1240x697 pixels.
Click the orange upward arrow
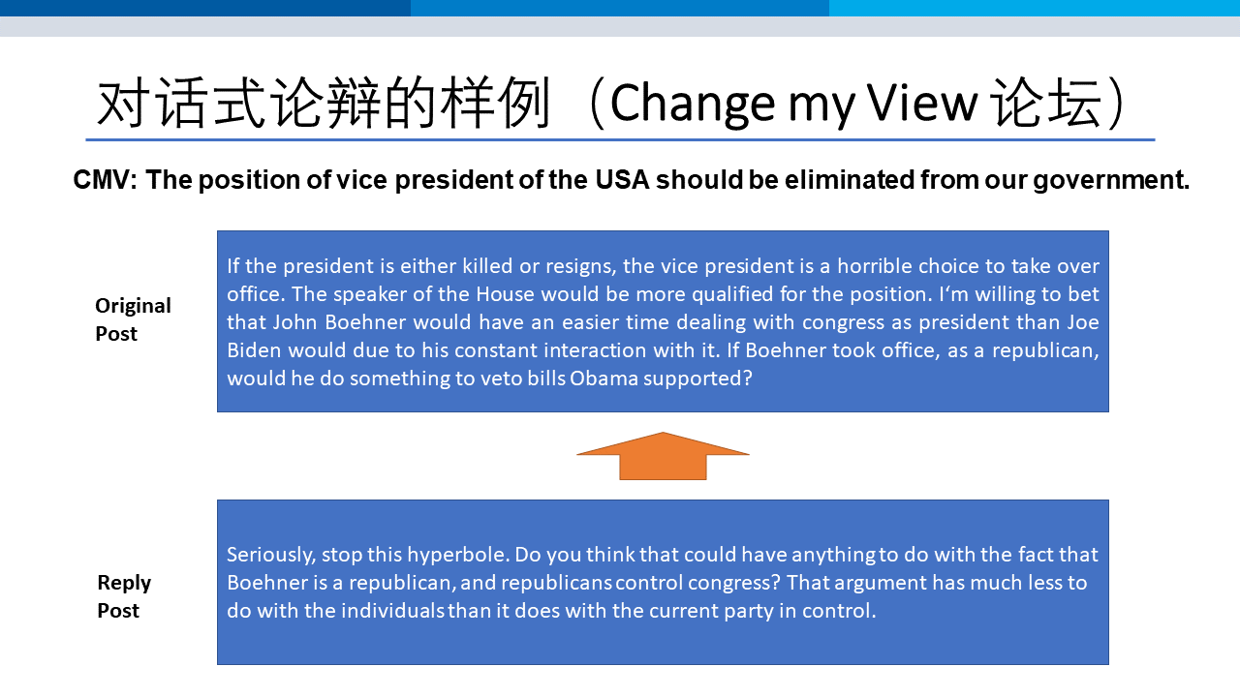(x=663, y=456)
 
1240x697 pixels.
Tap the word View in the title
(x=921, y=103)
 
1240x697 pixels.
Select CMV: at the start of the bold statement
(x=106, y=180)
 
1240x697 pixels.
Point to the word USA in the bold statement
(x=622, y=180)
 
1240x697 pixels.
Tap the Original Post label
(x=133, y=319)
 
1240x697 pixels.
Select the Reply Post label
(x=124, y=596)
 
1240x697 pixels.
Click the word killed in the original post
(x=487, y=266)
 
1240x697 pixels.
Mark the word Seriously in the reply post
(x=270, y=555)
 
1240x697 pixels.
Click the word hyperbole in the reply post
(x=458, y=555)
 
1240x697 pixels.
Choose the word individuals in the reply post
(x=392, y=611)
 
